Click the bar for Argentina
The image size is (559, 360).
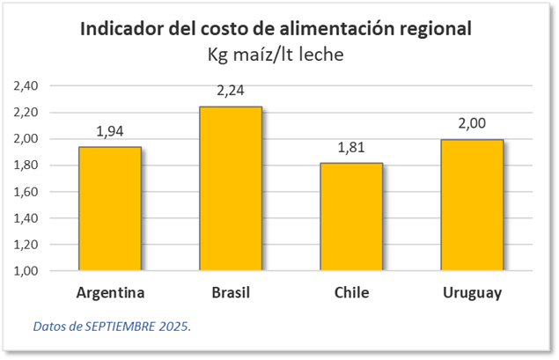click(110, 209)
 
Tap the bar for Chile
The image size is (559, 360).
click(351, 217)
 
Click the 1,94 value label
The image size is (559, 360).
click(110, 131)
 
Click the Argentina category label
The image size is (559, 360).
click(110, 292)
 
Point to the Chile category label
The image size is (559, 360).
click(351, 292)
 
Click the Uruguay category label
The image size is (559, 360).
click(473, 292)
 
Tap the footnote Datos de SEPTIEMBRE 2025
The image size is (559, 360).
click(112, 326)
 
